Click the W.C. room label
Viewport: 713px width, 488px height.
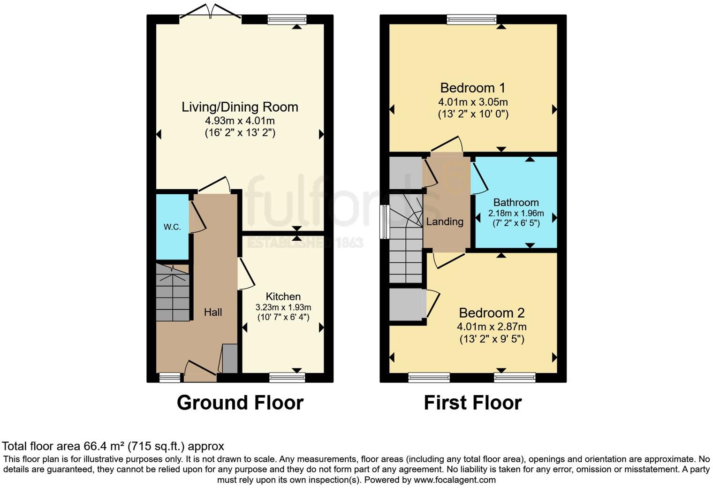(x=172, y=227)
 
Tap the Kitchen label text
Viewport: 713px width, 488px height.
(x=283, y=297)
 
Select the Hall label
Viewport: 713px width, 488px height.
(x=213, y=313)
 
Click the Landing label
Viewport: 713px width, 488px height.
(x=445, y=221)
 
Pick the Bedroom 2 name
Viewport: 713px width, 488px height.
(x=492, y=313)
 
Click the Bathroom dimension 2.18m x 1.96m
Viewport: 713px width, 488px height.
(x=516, y=213)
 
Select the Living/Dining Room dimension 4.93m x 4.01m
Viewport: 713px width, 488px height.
(x=240, y=121)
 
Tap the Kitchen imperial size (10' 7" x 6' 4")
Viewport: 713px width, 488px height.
(x=283, y=317)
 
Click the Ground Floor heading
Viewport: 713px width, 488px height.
(x=240, y=403)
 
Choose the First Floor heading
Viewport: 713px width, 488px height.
(x=473, y=403)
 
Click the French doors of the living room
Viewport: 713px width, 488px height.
(x=211, y=12)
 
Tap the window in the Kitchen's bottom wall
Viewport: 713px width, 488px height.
(x=287, y=378)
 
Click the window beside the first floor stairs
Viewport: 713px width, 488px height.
(x=385, y=221)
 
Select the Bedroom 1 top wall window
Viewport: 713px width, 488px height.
(x=471, y=19)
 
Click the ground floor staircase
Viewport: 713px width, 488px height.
(x=172, y=292)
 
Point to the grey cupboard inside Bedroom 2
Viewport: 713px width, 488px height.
(x=408, y=305)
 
